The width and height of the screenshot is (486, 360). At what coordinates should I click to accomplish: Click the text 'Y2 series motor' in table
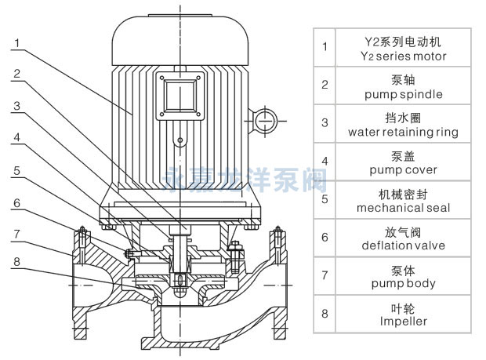pyautogui.click(x=402, y=56)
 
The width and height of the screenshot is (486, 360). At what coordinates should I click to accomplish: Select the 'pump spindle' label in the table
pyautogui.click(x=403, y=94)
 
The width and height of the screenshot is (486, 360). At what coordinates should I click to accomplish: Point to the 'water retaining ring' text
pyautogui.click(x=403, y=133)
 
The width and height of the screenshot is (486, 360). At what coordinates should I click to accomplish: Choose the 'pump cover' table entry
pyautogui.click(x=403, y=170)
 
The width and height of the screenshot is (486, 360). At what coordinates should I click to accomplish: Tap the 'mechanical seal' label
pyautogui.click(x=403, y=208)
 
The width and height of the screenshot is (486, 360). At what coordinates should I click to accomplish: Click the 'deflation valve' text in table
pyautogui.click(x=403, y=245)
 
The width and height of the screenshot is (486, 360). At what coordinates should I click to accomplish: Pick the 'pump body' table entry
pyautogui.click(x=403, y=283)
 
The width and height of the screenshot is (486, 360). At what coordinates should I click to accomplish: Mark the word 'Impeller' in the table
pyautogui.click(x=403, y=321)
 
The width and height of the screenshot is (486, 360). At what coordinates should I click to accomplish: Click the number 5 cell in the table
pyautogui.click(x=325, y=200)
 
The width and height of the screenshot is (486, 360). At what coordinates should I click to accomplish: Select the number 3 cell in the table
pyautogui.click(x=325, y=124)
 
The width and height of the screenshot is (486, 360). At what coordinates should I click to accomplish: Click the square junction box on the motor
pyautogui.click(x=179, y=97)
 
